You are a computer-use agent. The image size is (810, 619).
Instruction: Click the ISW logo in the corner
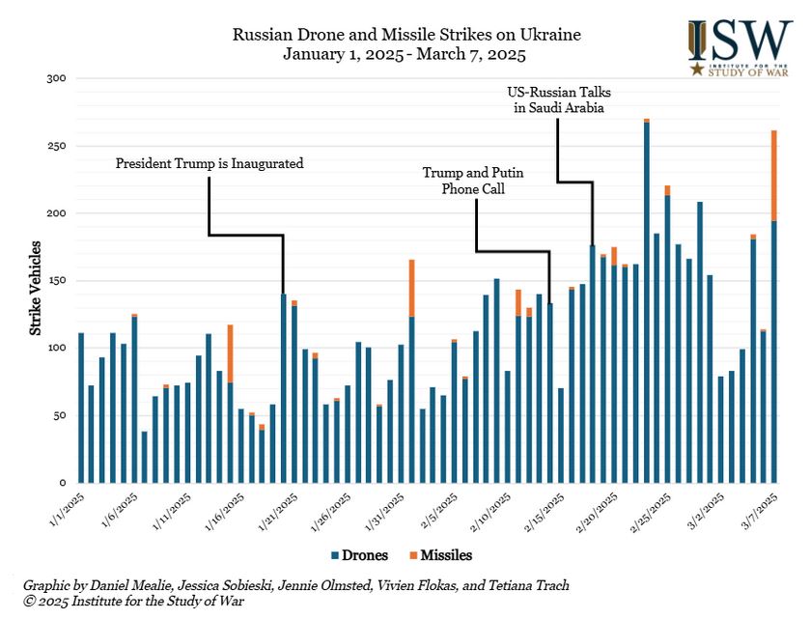click(x=740, y=46)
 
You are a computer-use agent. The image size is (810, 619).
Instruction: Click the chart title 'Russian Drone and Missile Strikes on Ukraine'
click(x=406, y=35)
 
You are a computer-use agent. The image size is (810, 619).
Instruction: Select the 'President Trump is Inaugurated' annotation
click(x=209, y=163)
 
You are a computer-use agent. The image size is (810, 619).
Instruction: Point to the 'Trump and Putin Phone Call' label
click(x=473, y=181)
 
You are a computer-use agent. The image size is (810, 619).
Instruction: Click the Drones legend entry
click(x=362, y=555)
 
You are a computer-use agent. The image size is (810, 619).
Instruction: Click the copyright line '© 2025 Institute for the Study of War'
click(x=133, y=602)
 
